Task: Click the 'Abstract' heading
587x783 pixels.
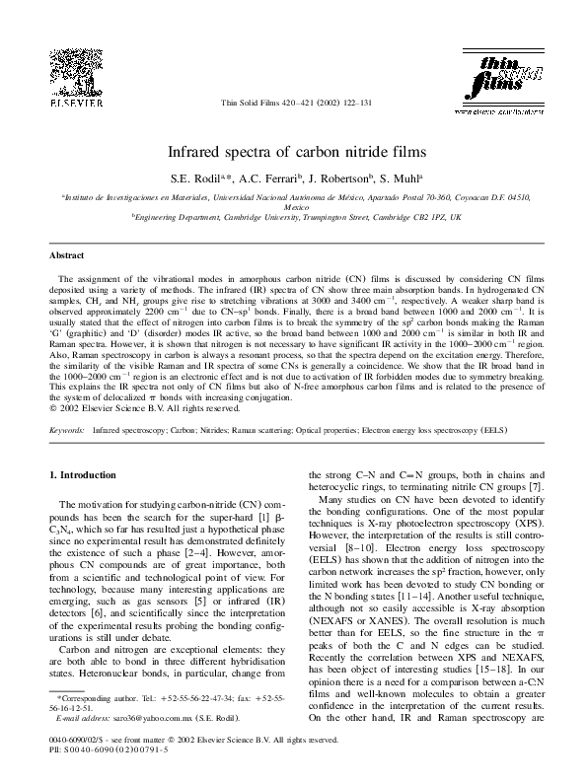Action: pyautogui.click(x=66, y=255)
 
